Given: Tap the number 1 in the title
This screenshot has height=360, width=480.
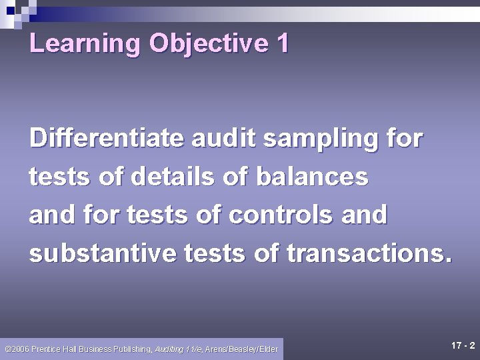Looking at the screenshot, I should click(282, 44).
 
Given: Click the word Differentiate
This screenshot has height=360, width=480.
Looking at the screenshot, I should click(107, 139).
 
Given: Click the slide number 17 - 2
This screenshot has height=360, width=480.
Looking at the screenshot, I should click(463, 345).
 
